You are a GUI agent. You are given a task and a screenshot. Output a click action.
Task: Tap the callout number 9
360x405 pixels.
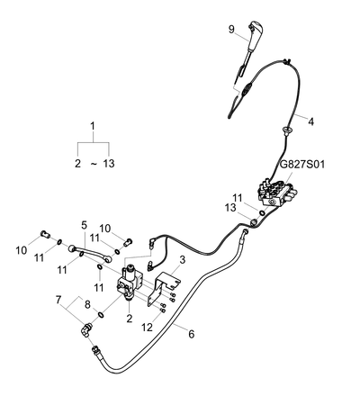(231, 30)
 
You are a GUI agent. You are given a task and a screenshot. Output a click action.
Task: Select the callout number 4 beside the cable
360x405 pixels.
(311, 121)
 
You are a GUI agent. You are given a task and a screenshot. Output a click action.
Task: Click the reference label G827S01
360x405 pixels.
(302, 165)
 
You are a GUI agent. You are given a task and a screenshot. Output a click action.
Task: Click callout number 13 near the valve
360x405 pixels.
(230, 208)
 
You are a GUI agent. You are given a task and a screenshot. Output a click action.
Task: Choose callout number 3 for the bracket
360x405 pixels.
(183, 259)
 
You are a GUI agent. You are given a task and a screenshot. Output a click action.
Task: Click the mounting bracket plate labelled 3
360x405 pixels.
(164, 289)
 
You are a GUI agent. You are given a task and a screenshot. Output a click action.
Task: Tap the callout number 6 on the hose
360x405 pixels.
(192, 334)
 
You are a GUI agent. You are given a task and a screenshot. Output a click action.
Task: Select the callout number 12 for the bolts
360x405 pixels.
(147, 328)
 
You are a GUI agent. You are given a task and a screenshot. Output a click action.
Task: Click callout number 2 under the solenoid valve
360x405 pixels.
(130, 318)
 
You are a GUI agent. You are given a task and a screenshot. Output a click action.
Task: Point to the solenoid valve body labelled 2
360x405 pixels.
(130, 281)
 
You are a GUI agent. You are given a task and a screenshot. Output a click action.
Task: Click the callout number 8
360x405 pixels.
(87, 305)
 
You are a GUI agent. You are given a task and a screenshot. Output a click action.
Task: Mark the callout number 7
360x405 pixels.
(58, 299)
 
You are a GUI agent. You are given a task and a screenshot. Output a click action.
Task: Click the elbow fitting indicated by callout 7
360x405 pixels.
(86, 329)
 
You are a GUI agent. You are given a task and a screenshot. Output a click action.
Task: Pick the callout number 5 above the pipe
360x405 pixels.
(84, 225)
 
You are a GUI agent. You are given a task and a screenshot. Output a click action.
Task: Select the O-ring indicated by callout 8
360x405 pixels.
(101, 314)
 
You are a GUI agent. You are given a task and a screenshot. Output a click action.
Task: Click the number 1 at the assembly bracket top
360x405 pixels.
(93, 126)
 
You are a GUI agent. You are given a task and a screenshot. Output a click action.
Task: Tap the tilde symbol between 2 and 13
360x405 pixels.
(94, 164)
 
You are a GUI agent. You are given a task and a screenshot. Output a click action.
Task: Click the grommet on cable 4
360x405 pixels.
(285, 130)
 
